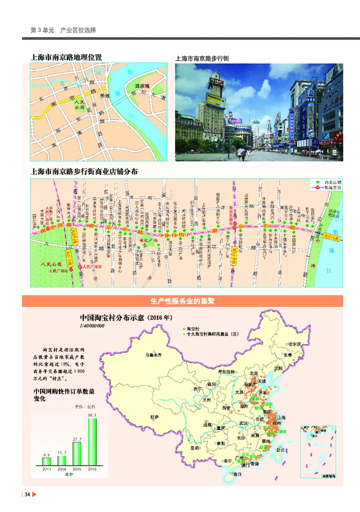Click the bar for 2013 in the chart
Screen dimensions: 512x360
[47, 461]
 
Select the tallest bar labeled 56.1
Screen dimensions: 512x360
[92, 441]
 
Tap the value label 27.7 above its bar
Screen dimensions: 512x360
[76, 438]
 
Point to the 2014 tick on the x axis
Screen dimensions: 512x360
[62, 469]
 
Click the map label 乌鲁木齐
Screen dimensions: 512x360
[153, 355]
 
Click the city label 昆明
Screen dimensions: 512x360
[194, 448]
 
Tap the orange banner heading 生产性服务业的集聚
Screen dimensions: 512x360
[182, 301]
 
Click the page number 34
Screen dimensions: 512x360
[27, 495]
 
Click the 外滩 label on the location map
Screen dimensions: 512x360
[104, 95]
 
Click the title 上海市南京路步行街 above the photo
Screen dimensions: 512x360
[202, 58]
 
